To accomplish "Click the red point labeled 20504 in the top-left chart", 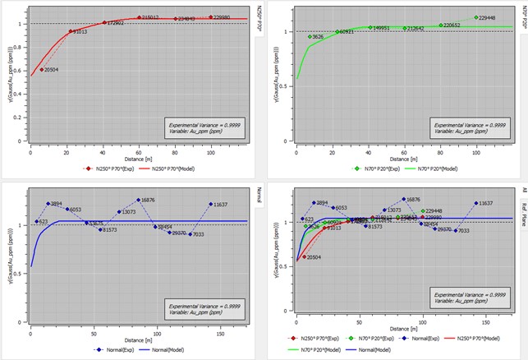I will (x=41, y=70).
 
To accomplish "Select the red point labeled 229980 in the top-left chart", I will (x=211, y=16).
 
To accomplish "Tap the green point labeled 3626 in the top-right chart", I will (x=310, y=37).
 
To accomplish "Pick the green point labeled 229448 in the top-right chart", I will (x=475, y=17).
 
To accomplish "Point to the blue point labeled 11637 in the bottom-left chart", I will (x=211, y=204).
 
